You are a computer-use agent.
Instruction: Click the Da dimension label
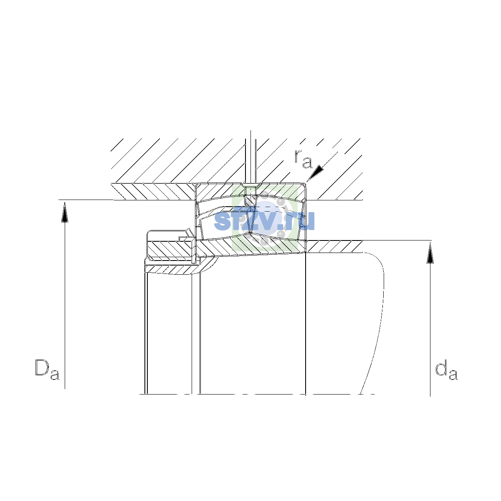(x=47, y=369)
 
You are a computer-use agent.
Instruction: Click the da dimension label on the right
(x=446, y=369)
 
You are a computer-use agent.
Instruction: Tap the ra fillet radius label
(x=303, y=159)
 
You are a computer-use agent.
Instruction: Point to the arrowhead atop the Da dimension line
(x=65, y=212)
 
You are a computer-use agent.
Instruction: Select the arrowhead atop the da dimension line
(x=430, y=253)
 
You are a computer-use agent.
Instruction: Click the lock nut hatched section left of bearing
(x=170, y=249)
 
